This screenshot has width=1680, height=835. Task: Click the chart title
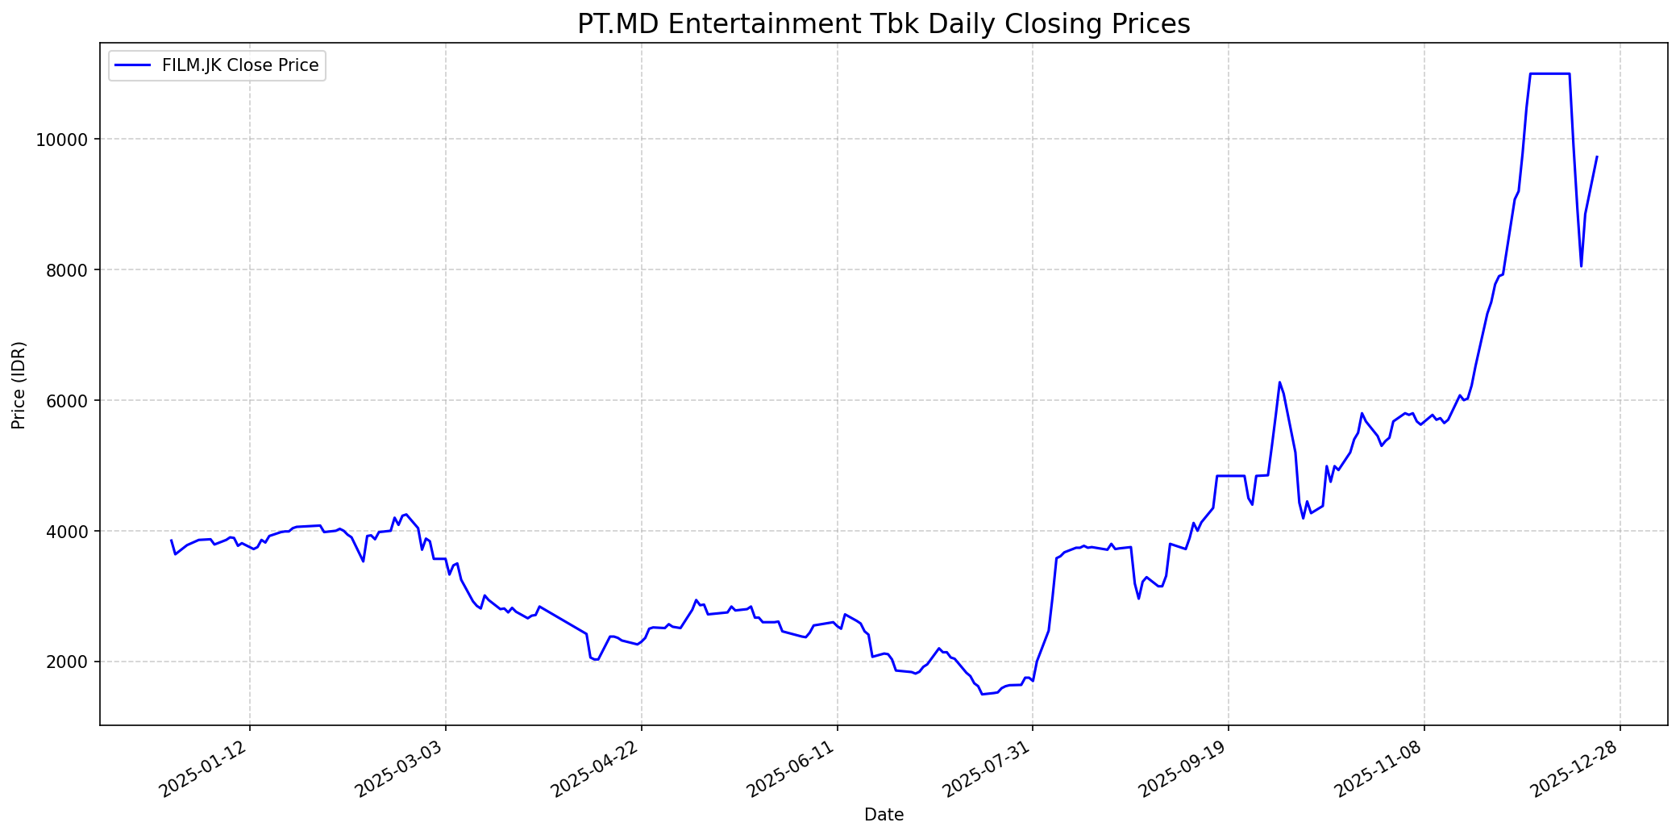pyautogui.click(x=884, y=24)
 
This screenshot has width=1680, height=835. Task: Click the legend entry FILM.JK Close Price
pyautogui.click(x=240, y=65)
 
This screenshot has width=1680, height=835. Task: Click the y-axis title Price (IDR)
pyautogui.click(x=19, y=385)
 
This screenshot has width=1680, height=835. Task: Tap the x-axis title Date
pyautogui.click(x=884, y=815)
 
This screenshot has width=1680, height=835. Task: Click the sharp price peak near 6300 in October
pyautogui.click(x=1279, y=382)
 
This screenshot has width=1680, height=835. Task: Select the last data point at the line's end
pyautogui.click(x=1597, y=157)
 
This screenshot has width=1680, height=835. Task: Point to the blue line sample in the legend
pyautogui.click(x=133, y=65)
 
